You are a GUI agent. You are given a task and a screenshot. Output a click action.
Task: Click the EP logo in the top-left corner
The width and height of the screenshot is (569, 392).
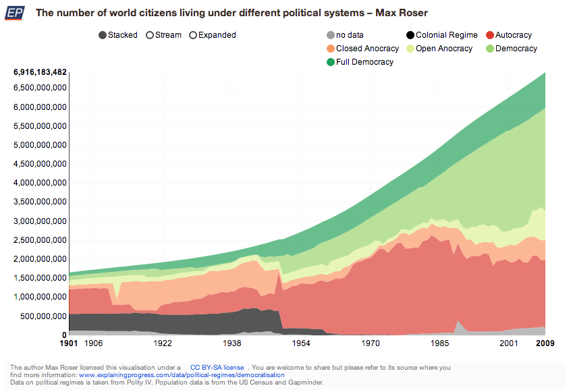tap(14, 13)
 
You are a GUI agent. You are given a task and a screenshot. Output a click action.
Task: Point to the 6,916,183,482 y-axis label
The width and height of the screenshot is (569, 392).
tap(40, 72)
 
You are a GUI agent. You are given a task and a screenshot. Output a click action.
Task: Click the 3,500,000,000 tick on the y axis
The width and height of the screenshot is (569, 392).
tap(40, 202)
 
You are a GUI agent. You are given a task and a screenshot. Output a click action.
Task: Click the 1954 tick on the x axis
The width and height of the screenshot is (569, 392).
tap(302, 343)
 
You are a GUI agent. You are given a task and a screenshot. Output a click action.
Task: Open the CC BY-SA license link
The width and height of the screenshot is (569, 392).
tap(217, 368)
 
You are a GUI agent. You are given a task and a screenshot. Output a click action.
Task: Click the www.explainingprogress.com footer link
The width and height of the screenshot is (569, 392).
tap(177, 375)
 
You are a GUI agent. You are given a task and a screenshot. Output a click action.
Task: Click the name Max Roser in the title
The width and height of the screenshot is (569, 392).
tap(404, 13)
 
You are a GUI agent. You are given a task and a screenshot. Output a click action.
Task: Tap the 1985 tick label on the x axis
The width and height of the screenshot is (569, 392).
tap(440, 343)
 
